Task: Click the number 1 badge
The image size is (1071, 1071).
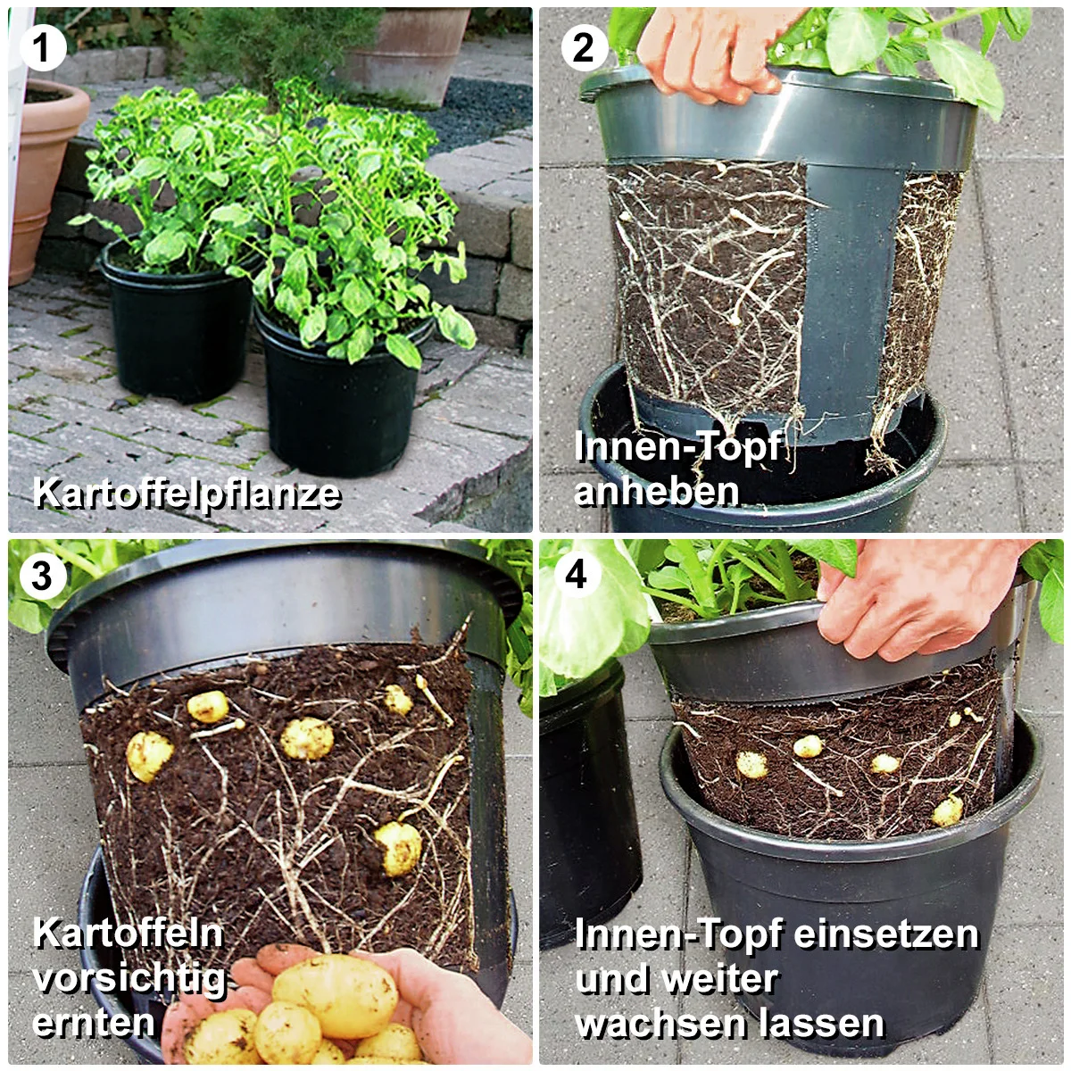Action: pyautogui.click(x=43, y=48)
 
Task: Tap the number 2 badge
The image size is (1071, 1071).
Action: pyautogui.click(x=584, y=48)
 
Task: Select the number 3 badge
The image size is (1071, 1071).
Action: pyautogui.click(x=43, y=576)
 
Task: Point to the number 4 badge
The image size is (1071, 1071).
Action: pyautogui.click(x=577, y=574)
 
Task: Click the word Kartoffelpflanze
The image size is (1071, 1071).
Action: pyautogui.click(x=187, y=494)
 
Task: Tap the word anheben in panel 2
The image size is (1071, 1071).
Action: pyautogui.click(x=657, y=491)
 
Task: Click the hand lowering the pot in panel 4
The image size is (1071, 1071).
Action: pyautogui.click(x=917, y=601)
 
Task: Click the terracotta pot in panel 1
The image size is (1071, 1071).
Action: pyautogui.click(x=45, y=178)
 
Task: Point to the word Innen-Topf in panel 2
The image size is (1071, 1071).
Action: pyautogui.click(x=678, y=446)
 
